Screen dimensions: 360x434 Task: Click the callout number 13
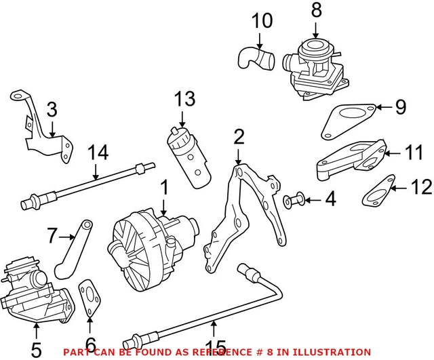click(184, 99)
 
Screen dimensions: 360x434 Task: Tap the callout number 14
click(98, 153)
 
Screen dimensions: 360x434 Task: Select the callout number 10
click(261, 22)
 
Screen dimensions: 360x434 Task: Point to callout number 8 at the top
click(316, 11)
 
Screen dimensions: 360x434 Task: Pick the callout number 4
click(330, 200)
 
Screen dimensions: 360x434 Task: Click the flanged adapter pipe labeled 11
click(353, 159)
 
